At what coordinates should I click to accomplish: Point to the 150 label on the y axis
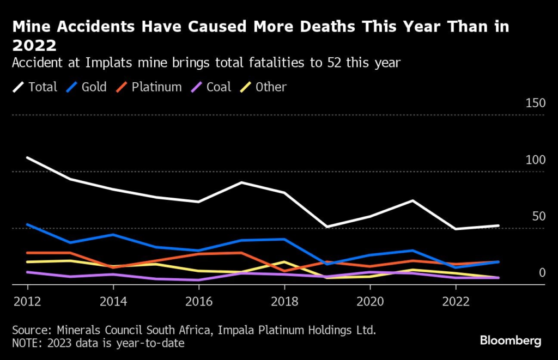coord(535,103)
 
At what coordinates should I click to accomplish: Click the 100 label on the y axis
coord(535,160)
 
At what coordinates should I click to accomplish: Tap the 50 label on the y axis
coord(538,217)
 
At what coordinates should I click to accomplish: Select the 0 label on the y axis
coord(542,272)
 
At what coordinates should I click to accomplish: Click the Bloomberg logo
coord(511,341)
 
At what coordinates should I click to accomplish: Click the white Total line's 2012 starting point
coord(27,158)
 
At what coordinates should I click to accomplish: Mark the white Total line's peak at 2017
coord(241,182)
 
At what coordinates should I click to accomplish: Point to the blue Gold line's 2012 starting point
coord(27,224)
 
